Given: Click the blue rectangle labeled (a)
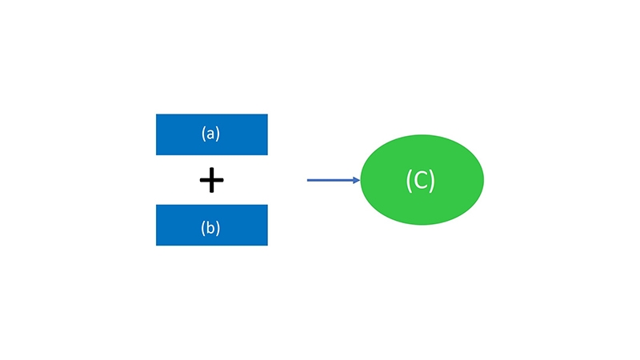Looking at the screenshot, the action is coord(212,134).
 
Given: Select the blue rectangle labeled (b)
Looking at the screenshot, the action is coord(212,225).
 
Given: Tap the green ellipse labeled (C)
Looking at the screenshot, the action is coord(422,179).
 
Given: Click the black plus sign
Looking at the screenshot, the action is coord(211,180).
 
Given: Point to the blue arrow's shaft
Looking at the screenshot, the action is coord(330,180).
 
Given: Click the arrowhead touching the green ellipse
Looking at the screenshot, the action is coord(356,180).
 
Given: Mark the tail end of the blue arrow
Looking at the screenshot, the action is coord(307,180).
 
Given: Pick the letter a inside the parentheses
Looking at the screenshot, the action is coord(210,134).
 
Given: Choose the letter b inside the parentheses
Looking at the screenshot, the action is coord(210,227).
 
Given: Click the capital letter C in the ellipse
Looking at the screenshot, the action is coord(421,180).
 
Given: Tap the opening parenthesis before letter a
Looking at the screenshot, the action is coord(203,134).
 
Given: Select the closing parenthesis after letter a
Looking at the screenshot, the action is coord(218,134).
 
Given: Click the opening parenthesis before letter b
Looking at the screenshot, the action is coord(203,227).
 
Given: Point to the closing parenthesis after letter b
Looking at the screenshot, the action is coord(218,227).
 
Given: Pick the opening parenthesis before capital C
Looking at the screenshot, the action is coord(408,181).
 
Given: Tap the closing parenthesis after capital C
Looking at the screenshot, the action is coord(433,181).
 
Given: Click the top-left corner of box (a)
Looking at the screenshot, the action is coord(156,114).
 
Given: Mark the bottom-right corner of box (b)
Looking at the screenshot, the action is coord(268,246).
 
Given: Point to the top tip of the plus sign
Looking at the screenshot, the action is coord(211,168).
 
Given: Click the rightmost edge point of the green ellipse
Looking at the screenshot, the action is coord(484,179).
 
